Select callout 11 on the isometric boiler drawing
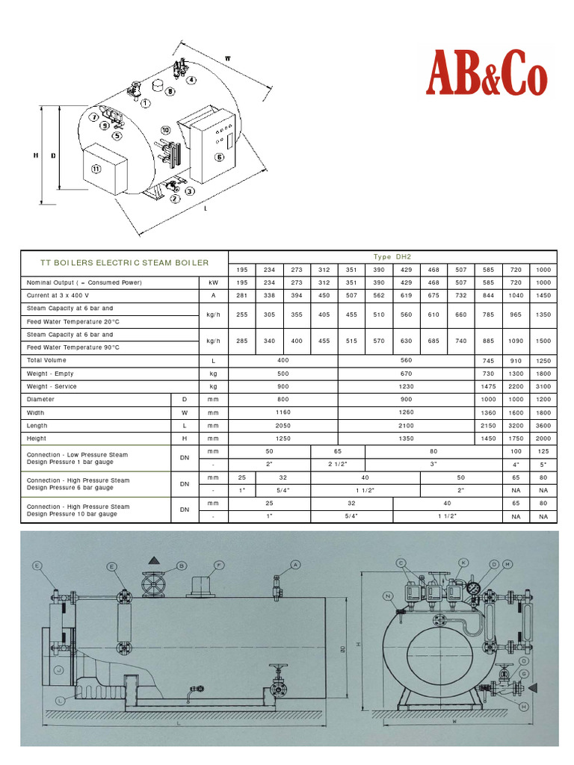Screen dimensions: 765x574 point(96,169)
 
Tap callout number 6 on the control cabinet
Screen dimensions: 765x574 point(219,157)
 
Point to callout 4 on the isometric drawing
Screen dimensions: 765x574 point(191,80)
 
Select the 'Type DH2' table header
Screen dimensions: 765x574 point(392,257)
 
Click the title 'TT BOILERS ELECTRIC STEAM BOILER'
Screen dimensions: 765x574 point(124,263)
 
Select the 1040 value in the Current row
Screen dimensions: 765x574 point(516,296)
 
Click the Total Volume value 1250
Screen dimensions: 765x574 point(543,361)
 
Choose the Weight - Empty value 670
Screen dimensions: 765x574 point(407,374)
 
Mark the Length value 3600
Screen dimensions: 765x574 point(543,426)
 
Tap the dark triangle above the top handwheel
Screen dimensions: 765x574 point(154,560)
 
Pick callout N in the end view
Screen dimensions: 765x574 point(388,595)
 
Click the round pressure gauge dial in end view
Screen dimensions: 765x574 point(473,587)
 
